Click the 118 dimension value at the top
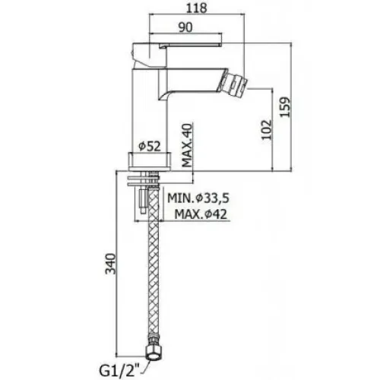(x=197, y=8)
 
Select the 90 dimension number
(x=185, y=27)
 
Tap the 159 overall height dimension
(x=286, y=106)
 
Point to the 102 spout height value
(x=267, y=129)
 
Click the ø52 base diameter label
(x=150, y=146)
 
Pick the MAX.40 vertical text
(x=188, y=145)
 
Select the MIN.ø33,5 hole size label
(x=198, y=198)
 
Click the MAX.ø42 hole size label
(x=201, y=214)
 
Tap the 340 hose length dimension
(x=111, y=264)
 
